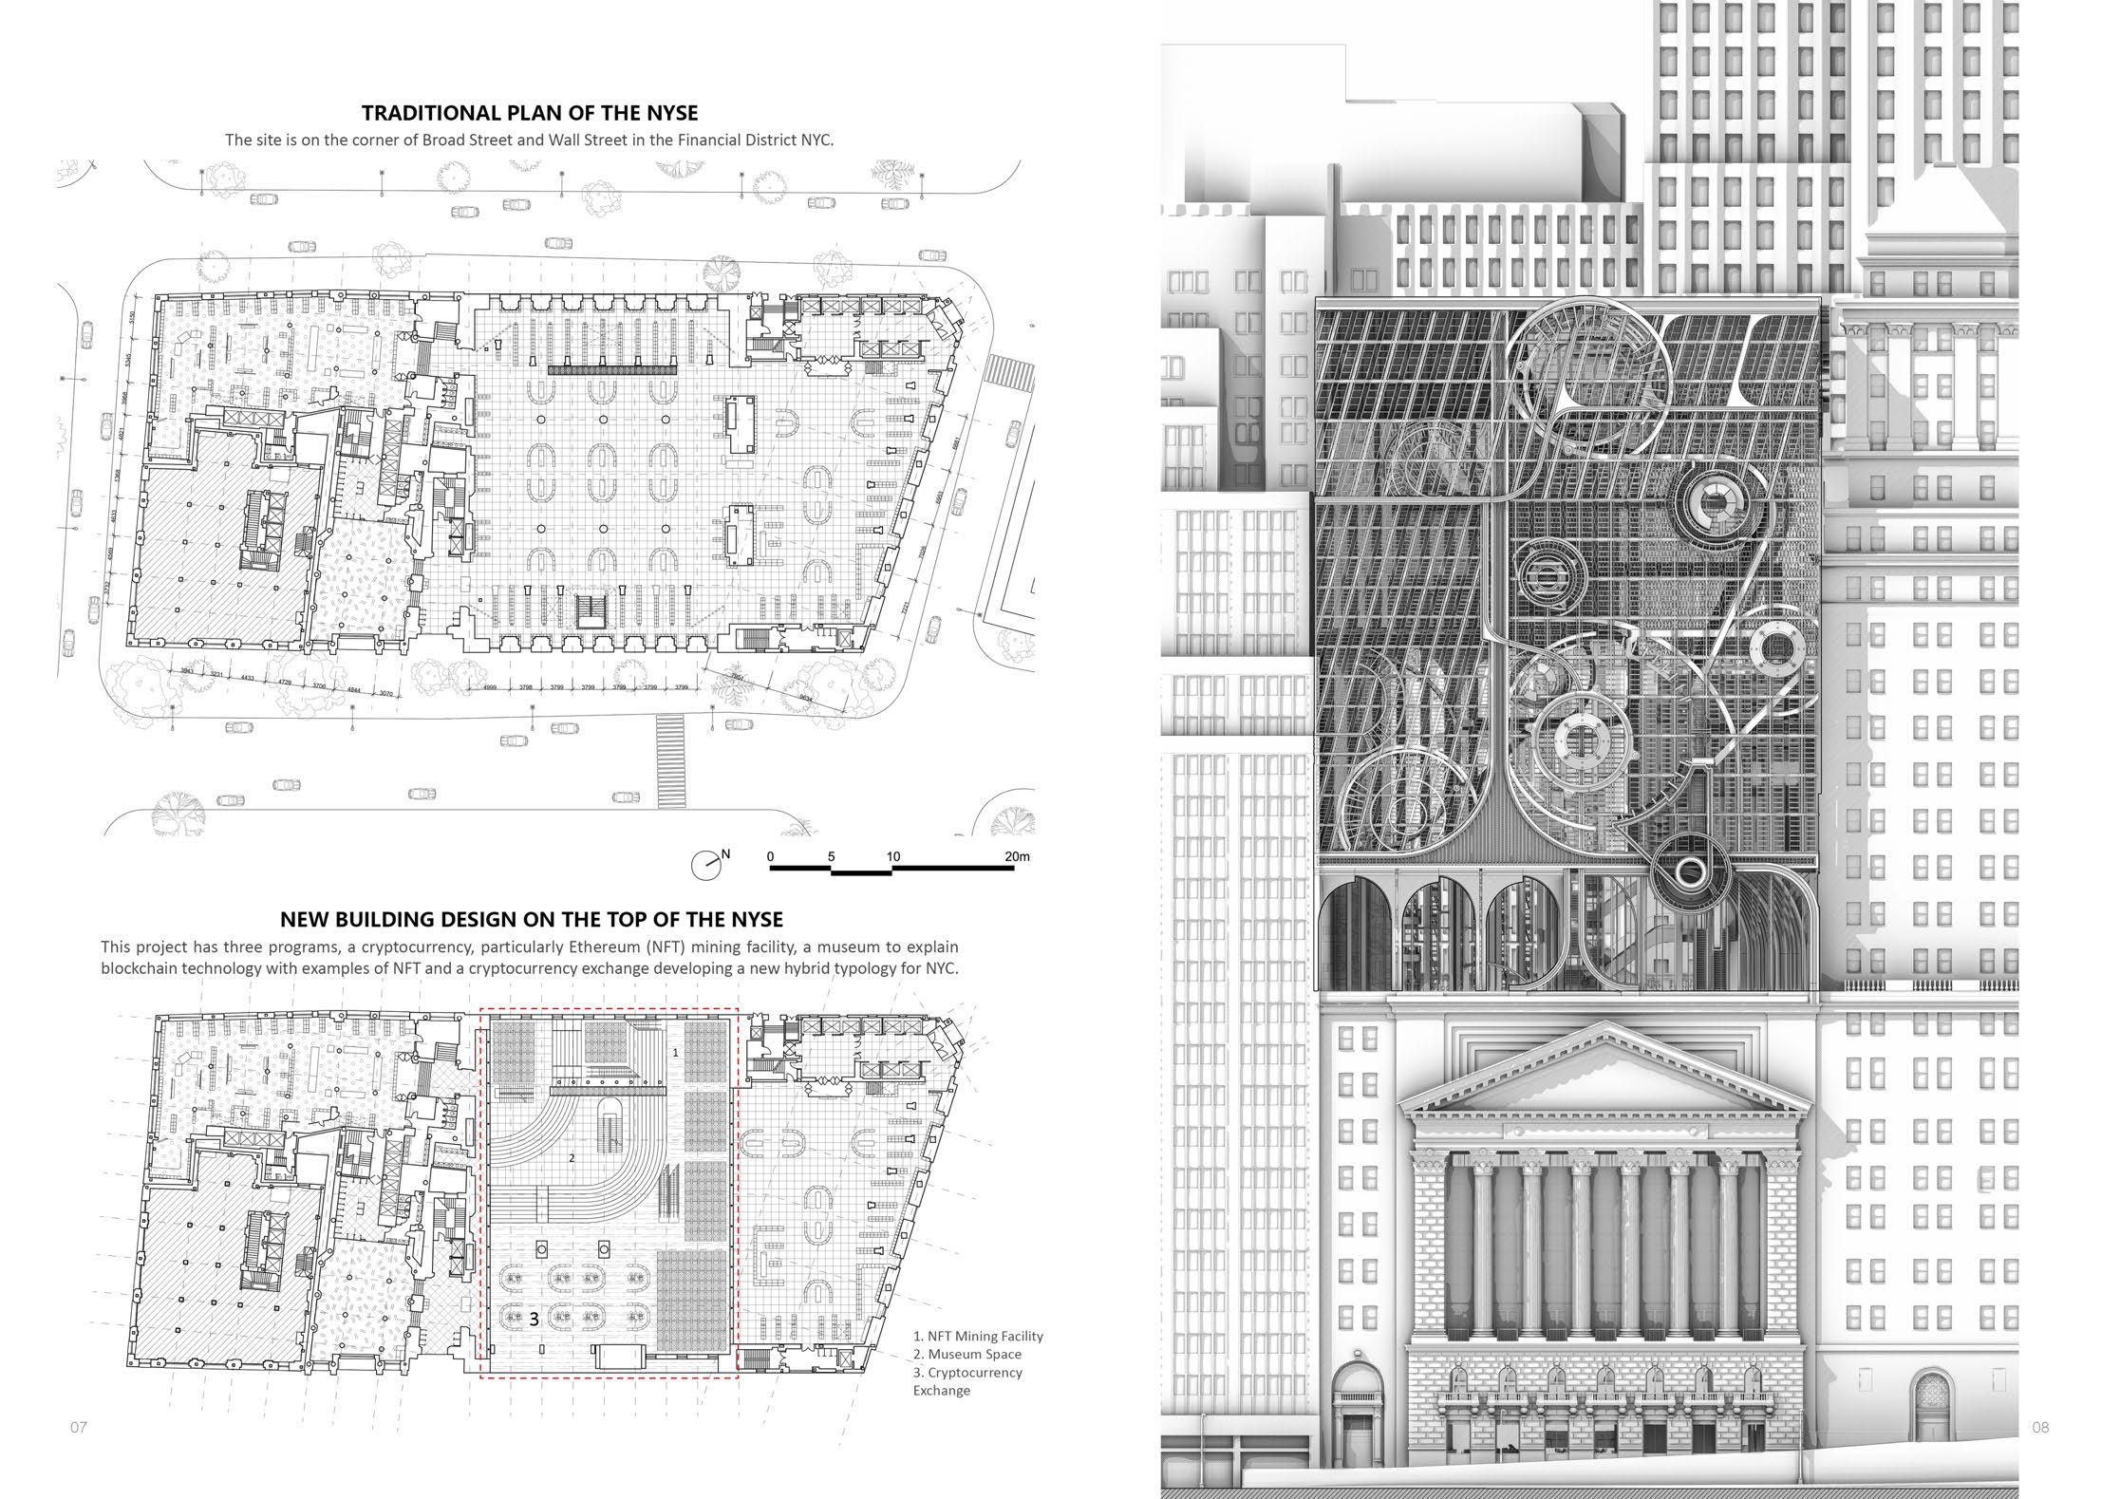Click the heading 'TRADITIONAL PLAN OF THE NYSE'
pos(530,113)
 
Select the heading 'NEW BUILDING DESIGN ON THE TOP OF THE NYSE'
pos(532,919)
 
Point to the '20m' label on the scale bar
pos(1017,856)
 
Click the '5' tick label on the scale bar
pos(831,856)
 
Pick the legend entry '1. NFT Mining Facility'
pos(978,1336)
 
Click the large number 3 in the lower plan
pos(535,1319)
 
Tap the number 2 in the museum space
pos(572,1158)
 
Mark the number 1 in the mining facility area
pos(675,1053)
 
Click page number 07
pos(78,1427)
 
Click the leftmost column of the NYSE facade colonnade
pos(1481,1253)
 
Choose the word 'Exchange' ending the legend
pos(942,1391)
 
